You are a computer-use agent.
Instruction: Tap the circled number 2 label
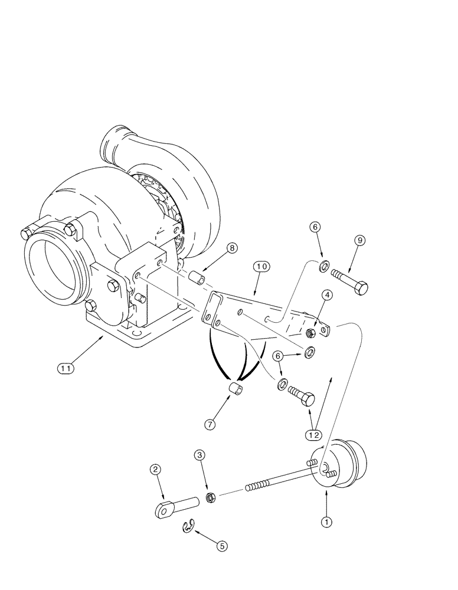pos(155,470)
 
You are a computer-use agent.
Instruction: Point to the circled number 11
pos(66,368)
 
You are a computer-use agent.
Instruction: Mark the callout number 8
pos(233,248)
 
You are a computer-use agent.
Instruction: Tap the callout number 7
pos(210,424)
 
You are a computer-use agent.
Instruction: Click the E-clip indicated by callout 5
pos(189,527)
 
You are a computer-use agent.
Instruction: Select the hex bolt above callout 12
pos(302,394)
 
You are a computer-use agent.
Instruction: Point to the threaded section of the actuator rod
pos(263,484)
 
